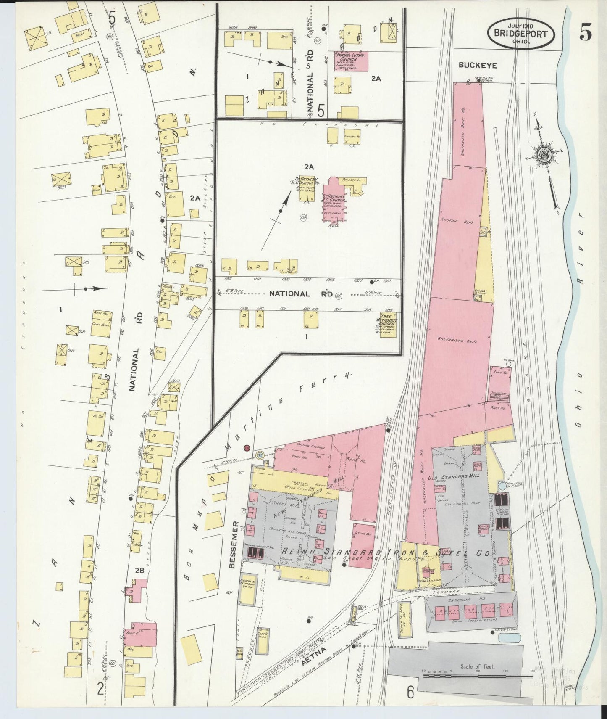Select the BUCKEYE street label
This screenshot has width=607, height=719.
coord(478,66)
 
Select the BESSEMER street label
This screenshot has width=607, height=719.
coord(234,545)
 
